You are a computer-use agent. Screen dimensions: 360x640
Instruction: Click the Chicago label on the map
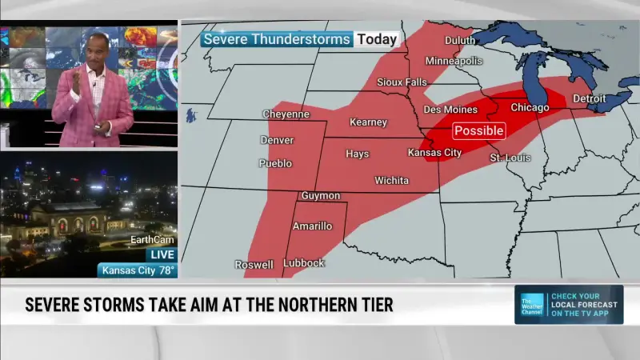click(x=530, y=107)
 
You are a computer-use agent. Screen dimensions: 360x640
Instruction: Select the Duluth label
click(x=459, y=40)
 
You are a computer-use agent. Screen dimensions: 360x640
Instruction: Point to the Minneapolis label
click(x=454, y=61)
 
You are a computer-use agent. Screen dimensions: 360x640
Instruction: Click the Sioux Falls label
click(x=402, y=82)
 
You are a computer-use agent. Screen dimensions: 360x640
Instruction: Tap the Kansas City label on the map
click(x=434, y=152)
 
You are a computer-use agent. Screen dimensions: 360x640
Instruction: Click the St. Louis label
click(x=510, y=158)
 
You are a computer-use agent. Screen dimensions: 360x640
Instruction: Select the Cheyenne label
click(x=286, y=114)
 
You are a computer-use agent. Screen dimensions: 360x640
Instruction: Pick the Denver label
click(x=277, y=140)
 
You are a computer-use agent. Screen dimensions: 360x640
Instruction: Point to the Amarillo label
click(x=312, y=226)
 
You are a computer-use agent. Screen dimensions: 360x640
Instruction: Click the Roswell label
click(x=254, y=264)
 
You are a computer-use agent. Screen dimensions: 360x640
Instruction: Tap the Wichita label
click(x=391, y=180)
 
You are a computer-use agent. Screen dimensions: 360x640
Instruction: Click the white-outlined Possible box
click(x=479, y=130)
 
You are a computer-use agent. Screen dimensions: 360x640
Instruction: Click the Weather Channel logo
click(x=532, y=304)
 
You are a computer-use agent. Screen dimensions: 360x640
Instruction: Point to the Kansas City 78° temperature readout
click(x=137, y=270)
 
